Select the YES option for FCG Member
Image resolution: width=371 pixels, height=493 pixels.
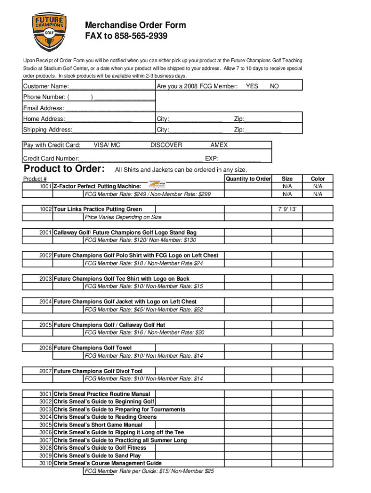point(252,86)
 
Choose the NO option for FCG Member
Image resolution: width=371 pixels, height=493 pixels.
point(274,86)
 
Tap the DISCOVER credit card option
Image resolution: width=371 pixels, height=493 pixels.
point(166,145)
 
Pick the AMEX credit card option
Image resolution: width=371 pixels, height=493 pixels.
point(219,145)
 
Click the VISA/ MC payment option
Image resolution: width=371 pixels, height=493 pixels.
point(107,145)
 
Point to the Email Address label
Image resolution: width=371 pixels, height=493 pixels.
point(43,108)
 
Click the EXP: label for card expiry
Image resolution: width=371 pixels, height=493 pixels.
point(212,158)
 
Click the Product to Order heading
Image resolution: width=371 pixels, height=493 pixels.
point(65,169)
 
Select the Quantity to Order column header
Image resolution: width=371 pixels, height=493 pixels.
point(248,179)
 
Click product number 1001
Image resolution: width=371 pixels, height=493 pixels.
point(46,186)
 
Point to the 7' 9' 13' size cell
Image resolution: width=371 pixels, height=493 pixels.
point(287,209)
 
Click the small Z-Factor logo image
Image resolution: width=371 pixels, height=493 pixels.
point(157,184)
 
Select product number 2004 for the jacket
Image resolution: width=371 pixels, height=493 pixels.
point(46,302)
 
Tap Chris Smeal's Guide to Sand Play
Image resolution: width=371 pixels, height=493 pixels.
point(97,455)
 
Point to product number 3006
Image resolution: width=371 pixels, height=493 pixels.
point(46,432)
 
